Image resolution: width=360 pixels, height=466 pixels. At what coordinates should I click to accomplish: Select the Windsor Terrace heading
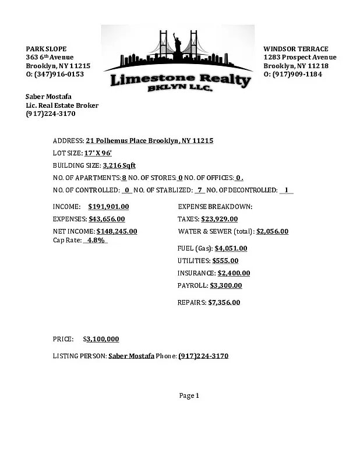click(x=295, y=49)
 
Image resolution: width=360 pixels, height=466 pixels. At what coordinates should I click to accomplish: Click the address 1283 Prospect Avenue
click(x=299, y=57)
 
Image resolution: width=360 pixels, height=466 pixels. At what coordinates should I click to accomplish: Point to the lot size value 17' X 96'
click(x=98, y=153)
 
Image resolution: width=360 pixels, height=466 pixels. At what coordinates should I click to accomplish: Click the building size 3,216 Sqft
click(x=119, y=165)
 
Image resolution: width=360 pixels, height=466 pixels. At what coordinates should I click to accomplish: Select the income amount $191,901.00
click(x=108, y=207)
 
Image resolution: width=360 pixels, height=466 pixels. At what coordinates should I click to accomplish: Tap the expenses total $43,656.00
click(x=107, y=219)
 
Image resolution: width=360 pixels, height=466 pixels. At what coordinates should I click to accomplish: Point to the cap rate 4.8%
click(x=95, y=240)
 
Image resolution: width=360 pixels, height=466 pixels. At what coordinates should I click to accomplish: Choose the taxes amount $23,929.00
click(x=219, y=219)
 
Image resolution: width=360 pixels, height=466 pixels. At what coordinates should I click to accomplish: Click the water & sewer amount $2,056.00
click(x=272, y=231)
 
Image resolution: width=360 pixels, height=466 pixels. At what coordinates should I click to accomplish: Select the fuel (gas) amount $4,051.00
click(x=231, y=248)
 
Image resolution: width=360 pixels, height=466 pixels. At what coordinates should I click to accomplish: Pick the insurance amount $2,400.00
click(x=234, y=273)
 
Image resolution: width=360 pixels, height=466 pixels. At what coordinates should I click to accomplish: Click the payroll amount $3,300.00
click(x=225, y=285)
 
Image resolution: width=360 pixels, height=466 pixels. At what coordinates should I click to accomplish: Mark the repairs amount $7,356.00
click(x=224, y=302)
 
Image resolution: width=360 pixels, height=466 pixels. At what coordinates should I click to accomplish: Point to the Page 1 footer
click(x=189, y=396)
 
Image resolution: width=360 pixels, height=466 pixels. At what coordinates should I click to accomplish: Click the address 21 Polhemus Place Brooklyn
click(x=149, y=141)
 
